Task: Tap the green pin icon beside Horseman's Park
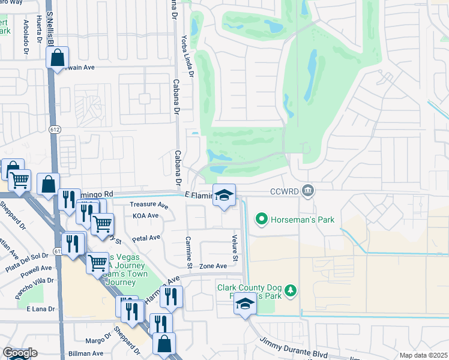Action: tap(261, 220)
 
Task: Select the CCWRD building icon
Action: tap(307, 191)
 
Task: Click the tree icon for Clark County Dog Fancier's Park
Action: tap(291, 290)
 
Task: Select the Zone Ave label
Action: tap(213, 266)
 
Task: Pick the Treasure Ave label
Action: tap(149, 205)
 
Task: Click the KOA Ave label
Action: tap(145, 215)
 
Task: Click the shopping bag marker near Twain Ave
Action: tap(58, 58)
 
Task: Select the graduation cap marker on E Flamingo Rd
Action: tap(224, 196)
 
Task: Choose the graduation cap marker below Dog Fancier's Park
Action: tap(245, 305)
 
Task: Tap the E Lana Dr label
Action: tap(40, 308)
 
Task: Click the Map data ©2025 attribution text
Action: tap(423, 355)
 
